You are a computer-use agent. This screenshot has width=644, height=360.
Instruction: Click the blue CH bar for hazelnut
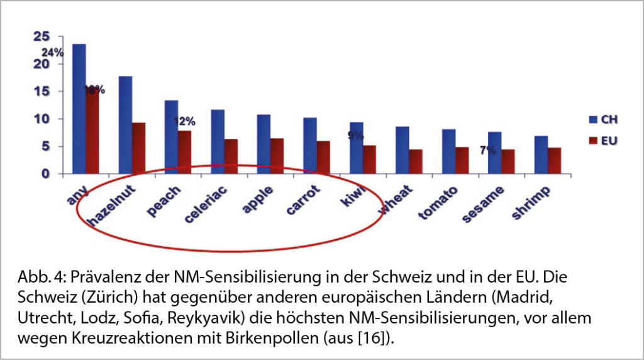pos(125,125)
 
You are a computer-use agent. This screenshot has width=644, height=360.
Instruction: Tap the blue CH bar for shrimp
pos(540,155)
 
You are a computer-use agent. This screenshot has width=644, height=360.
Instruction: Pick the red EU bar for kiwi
pos(370,160)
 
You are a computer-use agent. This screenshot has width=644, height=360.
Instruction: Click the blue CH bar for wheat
pos(402,150)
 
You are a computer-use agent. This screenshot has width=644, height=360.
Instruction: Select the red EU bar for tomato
pos(462,160)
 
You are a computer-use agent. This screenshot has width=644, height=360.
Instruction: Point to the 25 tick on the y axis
pos(41,37)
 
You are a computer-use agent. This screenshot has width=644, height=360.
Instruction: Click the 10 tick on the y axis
pos(41,119)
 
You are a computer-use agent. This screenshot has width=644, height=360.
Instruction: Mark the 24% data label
pos(53,53)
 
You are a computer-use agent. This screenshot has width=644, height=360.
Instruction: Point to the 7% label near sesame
pos(487,150)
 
